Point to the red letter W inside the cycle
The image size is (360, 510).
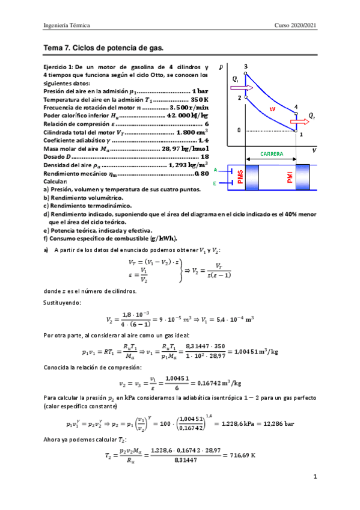272,109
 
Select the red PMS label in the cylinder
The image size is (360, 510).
240,178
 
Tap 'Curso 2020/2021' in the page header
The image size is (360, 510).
294,25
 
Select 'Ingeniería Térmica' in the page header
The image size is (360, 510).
66,25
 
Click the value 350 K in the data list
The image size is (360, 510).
199,99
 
